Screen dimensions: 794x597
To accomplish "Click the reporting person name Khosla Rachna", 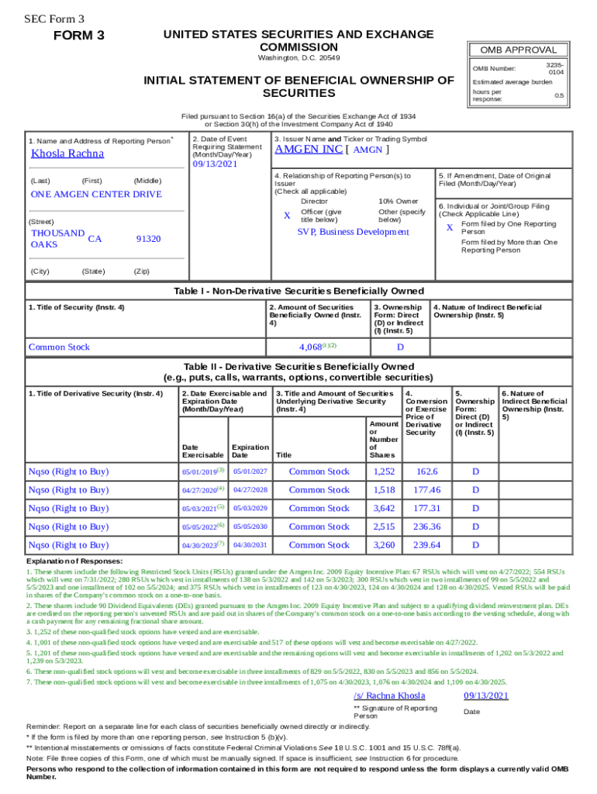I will pyautogui.click(x=67, y=154).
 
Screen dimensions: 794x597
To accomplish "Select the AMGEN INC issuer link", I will pyautogui.click(x=309, y=150).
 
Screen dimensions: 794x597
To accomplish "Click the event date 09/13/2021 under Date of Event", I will pyautogui.click(x=215, y=164).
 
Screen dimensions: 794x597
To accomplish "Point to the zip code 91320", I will pyautogui.click(x=148, y=239).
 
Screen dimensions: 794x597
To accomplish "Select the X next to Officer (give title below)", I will pyautogui.click(x=287, y=216).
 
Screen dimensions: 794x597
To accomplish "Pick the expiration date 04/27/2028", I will pyautogui.click(x=250, y=490).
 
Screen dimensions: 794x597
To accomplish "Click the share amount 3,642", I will pyautogui.click(x=384, y=508).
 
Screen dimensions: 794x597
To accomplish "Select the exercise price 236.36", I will pyautogui.click(x=426, y=526).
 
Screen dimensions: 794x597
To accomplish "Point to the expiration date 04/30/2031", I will pyautogui.click(x=250, y=546).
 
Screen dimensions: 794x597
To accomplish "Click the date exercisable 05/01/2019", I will pyautogui.click(x=200, y=471).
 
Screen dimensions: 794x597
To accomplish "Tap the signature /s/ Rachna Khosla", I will pyautogui.click(x=389, y=696).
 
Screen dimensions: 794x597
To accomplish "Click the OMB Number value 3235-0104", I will pyautogui.click(x=555, y=68).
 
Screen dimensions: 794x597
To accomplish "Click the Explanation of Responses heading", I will pyautogui.click(x=74, y=561).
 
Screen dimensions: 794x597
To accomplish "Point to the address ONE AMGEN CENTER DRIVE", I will pyautogui.click(x=96, y=195).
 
